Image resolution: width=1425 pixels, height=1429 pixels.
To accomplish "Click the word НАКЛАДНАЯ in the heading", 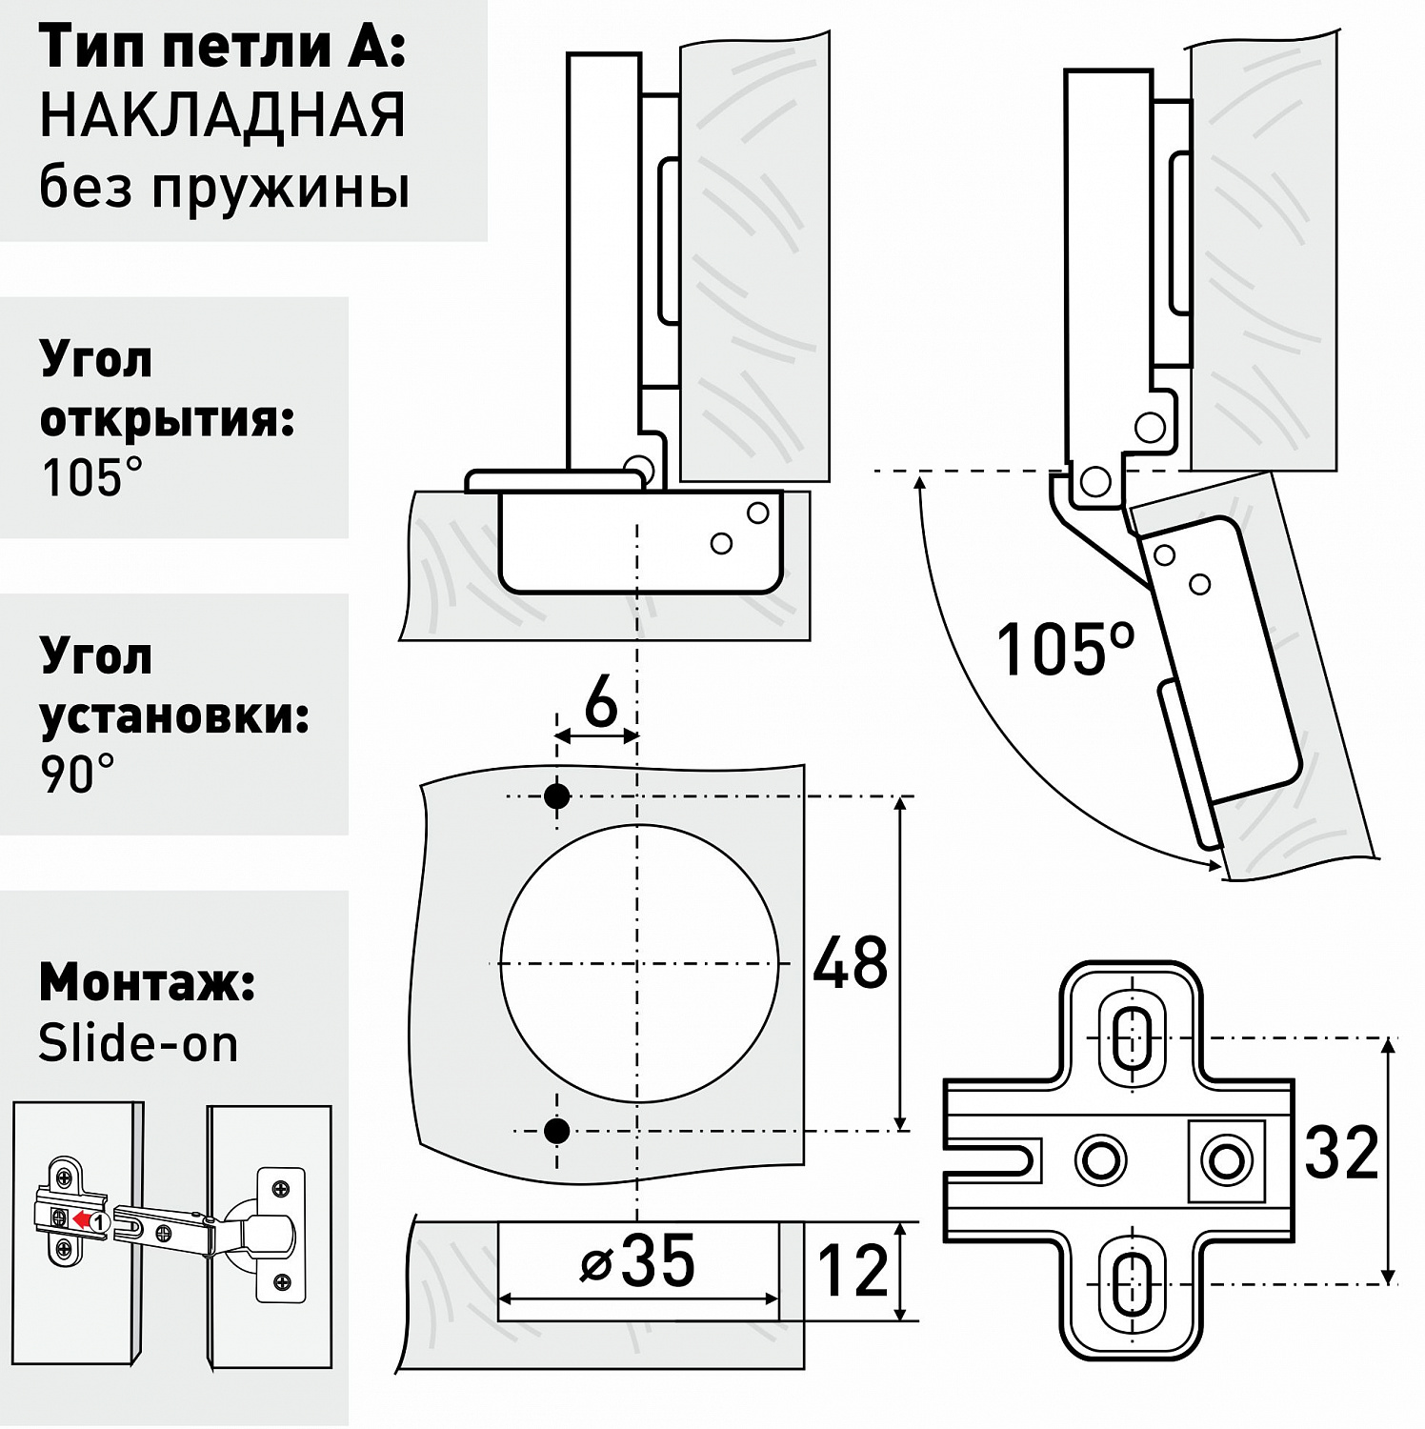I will click(x=223, y=116).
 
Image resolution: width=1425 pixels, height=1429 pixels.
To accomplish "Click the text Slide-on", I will click(x=138, y=1044).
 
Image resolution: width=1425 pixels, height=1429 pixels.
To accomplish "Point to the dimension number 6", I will click(x=600, y=705).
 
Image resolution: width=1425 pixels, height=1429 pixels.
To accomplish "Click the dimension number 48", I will click(x=850, y=963).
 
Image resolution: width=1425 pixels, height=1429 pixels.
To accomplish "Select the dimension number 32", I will click(x=1341, y=1152).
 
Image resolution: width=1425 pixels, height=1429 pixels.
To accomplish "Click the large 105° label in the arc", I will click(x=1065, y=649).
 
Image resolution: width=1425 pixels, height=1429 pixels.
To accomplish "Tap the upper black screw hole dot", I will click(x=556, y=795).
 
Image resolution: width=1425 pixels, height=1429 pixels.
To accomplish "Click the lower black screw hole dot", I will click(x=556, y=1131).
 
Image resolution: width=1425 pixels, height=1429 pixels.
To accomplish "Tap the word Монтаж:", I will click(x=147, y=983).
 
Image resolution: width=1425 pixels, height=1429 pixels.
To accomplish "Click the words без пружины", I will click(x=224, y=188).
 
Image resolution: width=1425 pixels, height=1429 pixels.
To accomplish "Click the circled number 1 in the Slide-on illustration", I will click(x=100, y=1219).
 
